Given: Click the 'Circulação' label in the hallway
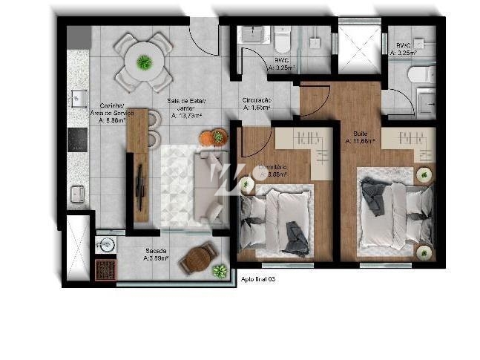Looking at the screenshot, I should click(x=257, y=100).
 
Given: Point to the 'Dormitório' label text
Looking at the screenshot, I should click(x=272, y=168).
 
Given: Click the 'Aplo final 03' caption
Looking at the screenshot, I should click(x=258, y=278).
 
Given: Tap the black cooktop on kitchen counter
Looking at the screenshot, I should click(x=78, y=140).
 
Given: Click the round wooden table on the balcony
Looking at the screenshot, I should click(x=198, y=258).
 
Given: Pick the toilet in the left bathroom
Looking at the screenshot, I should click(x=283, y=39).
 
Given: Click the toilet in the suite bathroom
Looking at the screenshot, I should click(x=422, y=74).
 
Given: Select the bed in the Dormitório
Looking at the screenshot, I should click(x=278, y=219).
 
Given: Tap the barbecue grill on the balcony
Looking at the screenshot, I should click(x=105, y=268).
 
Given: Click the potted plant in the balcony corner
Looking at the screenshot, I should click(x=219, y=271).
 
